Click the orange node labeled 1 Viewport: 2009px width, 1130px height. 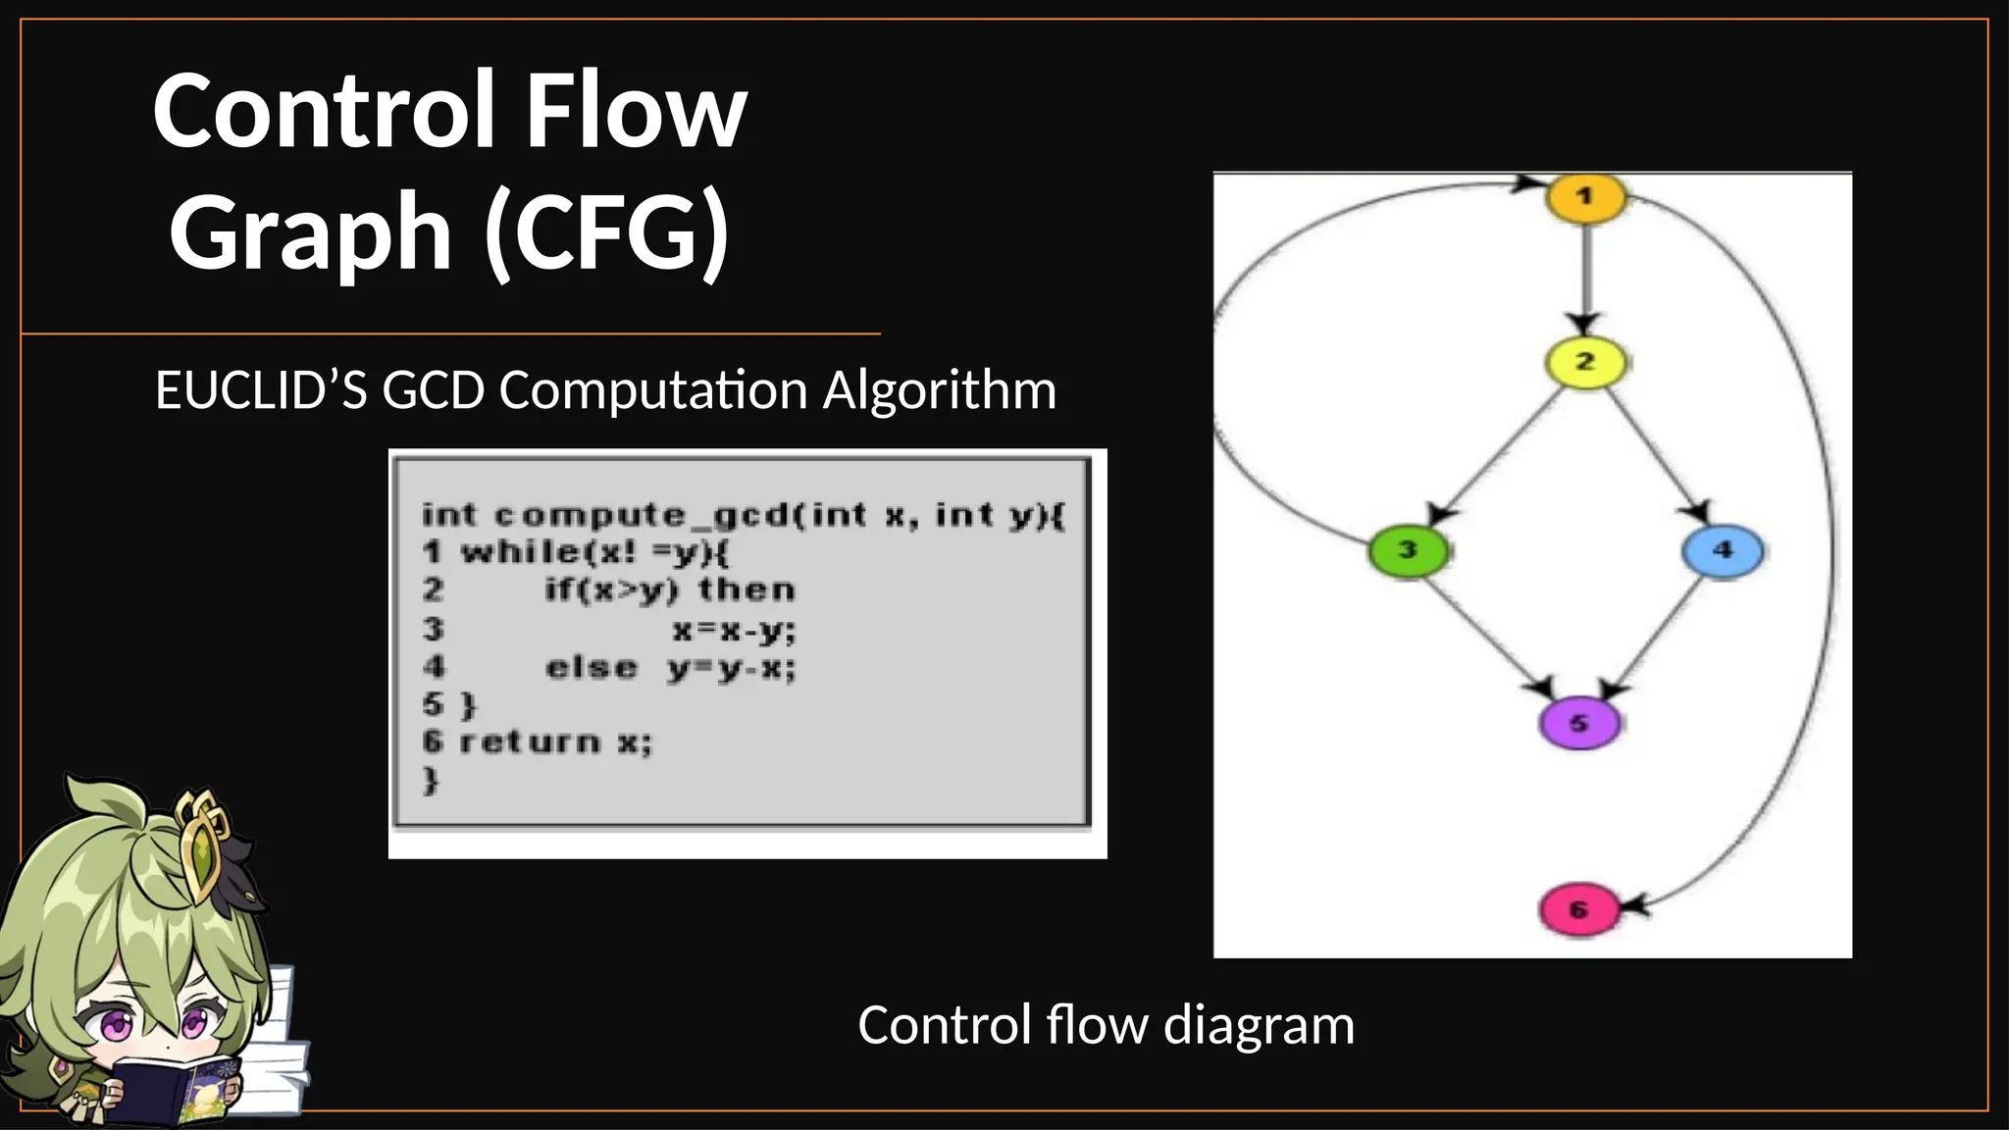1585,197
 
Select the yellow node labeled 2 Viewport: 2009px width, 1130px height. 1585,363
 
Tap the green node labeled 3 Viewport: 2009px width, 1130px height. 1408,550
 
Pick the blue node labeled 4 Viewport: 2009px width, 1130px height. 1722,550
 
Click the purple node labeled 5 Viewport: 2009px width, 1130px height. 1578,724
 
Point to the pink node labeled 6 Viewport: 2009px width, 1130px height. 1578,909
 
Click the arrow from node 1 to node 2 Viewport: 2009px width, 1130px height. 1585,280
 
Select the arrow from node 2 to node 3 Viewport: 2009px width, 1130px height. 1496,456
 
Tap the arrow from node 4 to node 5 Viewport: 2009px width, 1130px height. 1658,638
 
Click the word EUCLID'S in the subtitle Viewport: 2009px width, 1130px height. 261,390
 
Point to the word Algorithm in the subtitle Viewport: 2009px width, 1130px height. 939,390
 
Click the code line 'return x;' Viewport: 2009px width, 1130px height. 554,743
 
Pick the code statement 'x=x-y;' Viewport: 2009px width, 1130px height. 734,630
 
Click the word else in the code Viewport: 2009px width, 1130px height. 592,668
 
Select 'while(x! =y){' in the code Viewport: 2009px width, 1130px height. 594,552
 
